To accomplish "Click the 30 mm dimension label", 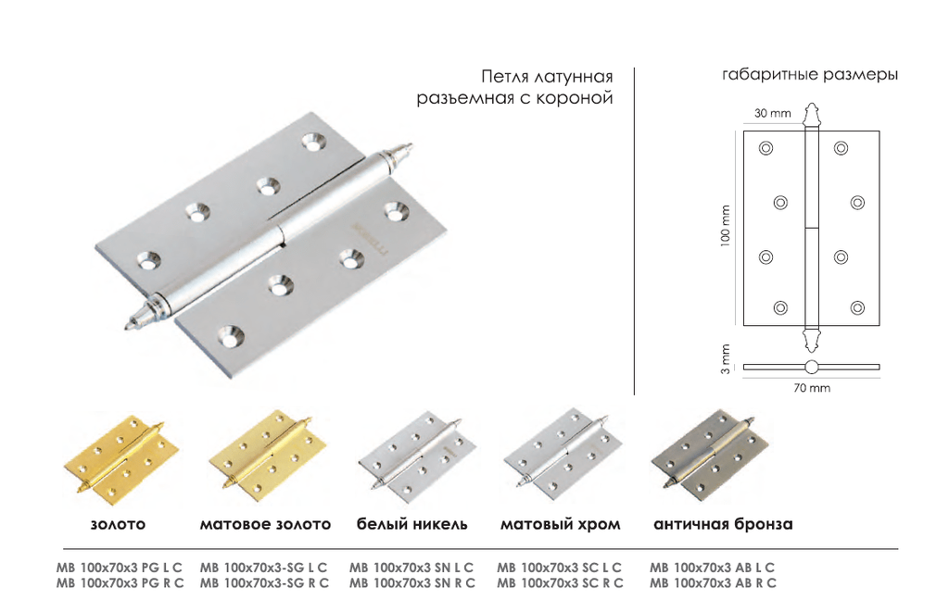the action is (772, 113).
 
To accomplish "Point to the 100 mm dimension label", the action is (725, 226).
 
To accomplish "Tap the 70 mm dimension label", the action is (812, 388).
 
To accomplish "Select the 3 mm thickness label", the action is (725, 359).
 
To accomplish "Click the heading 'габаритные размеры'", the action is (810, 75).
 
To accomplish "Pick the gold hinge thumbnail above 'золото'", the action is (121, 459).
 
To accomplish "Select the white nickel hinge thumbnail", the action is (416, 456).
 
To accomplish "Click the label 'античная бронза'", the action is (723, 524).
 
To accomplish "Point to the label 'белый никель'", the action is (411, 524).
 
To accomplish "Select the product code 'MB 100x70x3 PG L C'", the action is (120, 568).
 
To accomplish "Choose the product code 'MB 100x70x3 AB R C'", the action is (713, 583).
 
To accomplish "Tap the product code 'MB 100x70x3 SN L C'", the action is (411, 568).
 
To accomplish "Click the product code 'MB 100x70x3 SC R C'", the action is (560, 583).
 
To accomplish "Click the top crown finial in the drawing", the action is (811, 115).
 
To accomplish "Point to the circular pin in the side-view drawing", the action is (811, 367).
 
